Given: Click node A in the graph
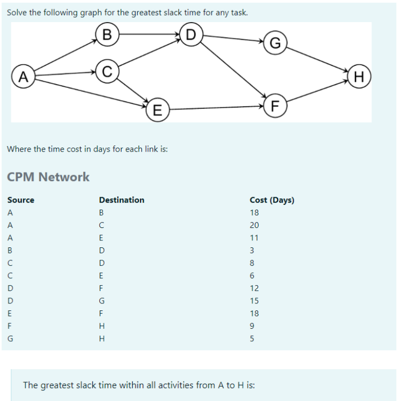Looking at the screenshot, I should (x=23, y=77).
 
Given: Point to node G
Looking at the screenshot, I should (x=274, y=44).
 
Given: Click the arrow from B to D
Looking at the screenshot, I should (x=149, y=34).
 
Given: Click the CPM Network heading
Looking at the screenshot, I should (x=48, y=177).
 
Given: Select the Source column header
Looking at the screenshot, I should (x=21, y=200).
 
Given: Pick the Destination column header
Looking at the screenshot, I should (x=122, y=200).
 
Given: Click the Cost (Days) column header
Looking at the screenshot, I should (x=272, y=200).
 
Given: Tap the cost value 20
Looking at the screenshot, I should (x=254, y=225).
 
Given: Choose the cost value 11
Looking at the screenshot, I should (x=254, y=238).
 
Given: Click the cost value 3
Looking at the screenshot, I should (x=252, y=250).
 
